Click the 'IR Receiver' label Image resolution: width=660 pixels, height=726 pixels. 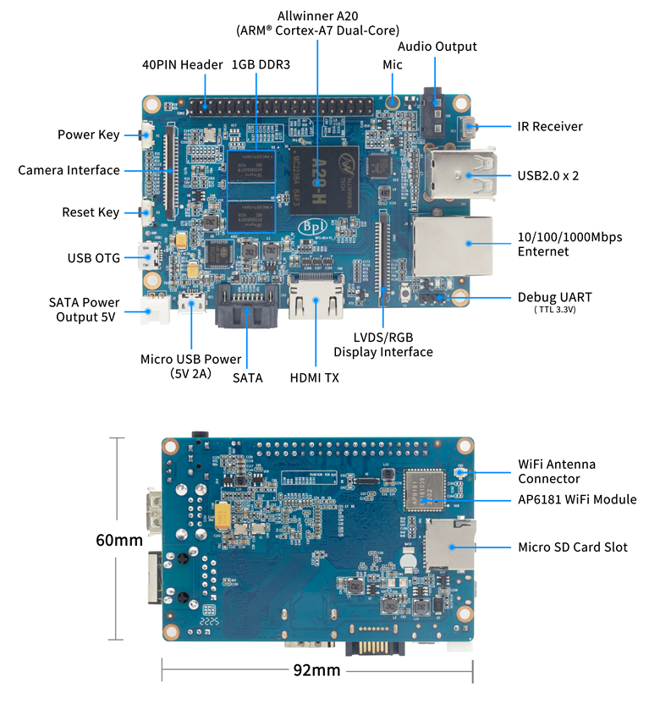click(550, 127)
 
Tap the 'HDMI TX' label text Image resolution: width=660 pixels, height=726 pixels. click(314, 378)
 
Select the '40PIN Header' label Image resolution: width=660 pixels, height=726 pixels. click(183, 64)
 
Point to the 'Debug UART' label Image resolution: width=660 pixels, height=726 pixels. click(554, 298)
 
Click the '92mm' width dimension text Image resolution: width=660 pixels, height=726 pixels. click(316, 671)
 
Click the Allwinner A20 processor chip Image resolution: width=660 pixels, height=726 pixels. click(322, 178)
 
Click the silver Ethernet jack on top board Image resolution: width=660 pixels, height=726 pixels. click(452, 245)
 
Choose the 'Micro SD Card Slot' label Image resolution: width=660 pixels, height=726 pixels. click(573, 547)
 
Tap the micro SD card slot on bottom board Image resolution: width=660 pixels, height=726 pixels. click(449, 546)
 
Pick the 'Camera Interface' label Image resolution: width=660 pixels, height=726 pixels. click(69, 171)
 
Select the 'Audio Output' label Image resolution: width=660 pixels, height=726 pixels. click(437, 47)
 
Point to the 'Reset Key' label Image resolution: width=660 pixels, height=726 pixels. click(91, 212)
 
